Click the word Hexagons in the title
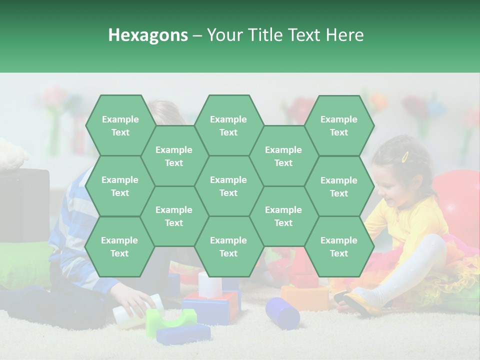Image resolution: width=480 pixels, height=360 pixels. coord(148,35)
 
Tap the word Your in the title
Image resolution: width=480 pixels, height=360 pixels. coord(224,35)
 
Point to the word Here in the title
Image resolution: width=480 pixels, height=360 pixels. coord(345,35)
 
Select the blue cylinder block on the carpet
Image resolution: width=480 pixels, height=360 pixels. coord(282,312)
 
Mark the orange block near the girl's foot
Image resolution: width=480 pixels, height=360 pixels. coord(305,297)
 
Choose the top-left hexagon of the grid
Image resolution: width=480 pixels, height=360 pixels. coord(120,125)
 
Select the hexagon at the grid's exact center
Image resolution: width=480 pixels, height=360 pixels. coord(228,186)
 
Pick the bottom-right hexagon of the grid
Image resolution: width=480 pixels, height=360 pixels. coord(339,246)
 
